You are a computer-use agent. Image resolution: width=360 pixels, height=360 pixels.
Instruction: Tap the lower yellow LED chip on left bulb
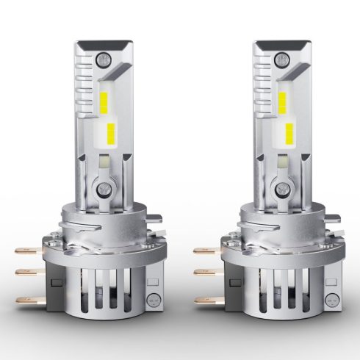point(110,134)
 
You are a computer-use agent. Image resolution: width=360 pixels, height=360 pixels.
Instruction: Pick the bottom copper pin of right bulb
point(204,300)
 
